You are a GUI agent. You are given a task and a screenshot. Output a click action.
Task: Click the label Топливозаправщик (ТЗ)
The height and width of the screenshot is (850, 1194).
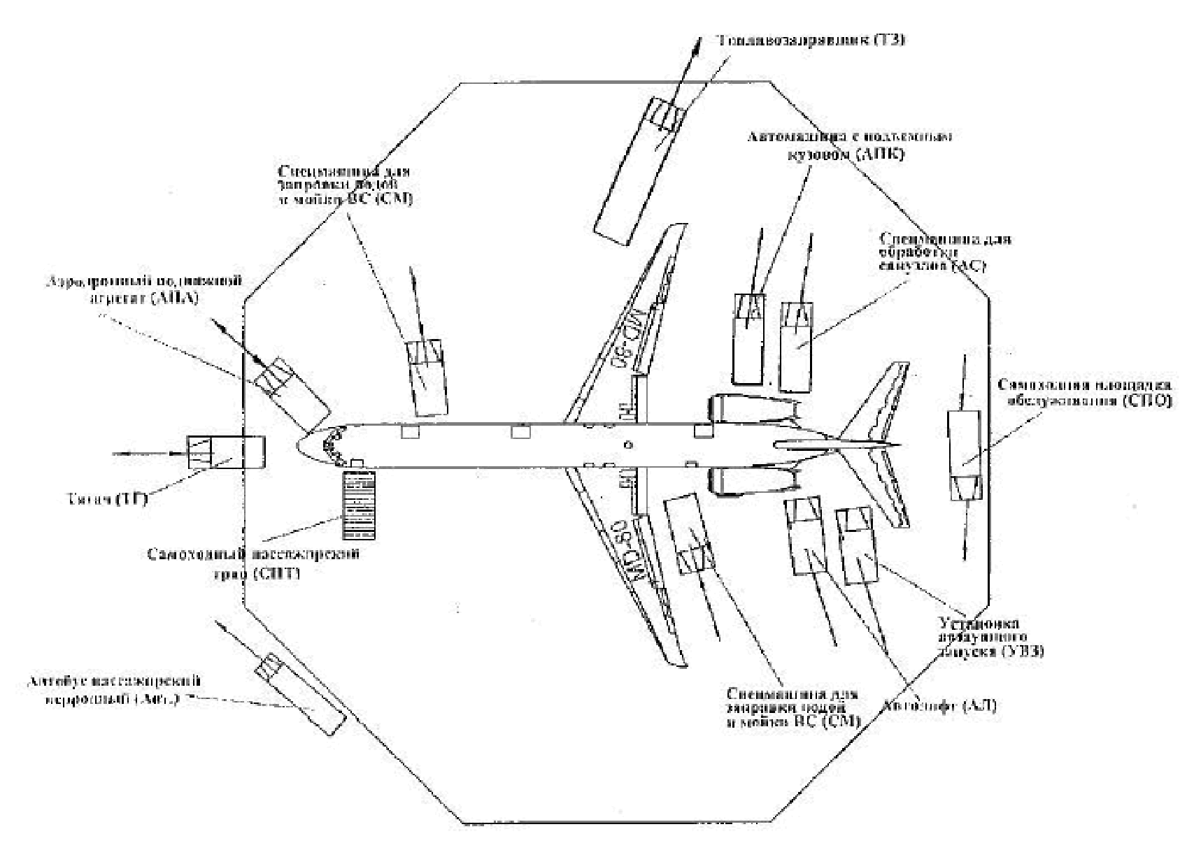tap(812, 40)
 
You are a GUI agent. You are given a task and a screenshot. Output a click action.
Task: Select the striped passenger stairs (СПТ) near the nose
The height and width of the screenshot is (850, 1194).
tap(358, 505)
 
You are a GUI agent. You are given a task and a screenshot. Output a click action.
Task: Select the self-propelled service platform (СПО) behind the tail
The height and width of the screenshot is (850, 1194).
tap(965, 454)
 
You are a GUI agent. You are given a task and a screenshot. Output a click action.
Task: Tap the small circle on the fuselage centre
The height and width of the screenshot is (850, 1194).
tap(628, 445)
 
